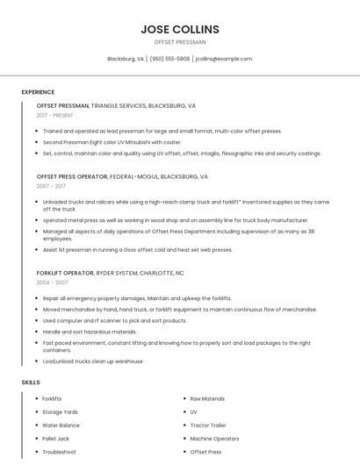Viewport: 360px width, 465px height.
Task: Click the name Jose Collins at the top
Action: (180, 29)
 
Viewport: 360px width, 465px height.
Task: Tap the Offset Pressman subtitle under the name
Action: (180, 42)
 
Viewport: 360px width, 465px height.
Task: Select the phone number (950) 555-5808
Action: (169, 59)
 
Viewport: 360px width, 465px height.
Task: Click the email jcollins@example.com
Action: (224, 59)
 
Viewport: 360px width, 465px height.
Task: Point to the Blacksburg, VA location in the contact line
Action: (126, 59)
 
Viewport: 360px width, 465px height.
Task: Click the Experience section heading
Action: (38, 92)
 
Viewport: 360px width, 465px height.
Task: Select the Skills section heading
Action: (31, 383)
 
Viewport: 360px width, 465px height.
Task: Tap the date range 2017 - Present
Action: (55, 115)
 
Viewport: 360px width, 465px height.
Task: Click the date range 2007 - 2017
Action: (51, 186)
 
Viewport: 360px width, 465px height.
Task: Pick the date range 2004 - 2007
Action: (51, 283)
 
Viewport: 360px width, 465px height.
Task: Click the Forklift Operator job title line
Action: (110, 273)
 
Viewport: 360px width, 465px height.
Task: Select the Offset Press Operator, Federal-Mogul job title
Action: (122, 176)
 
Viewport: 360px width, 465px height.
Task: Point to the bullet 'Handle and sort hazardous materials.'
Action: (90, 332)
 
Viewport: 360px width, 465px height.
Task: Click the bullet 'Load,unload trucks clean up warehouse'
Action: (92, 361)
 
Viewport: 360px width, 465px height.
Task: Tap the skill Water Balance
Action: (61, 425)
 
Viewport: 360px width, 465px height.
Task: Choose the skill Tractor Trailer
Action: (209, 425)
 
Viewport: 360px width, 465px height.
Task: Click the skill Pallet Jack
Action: (55, 438)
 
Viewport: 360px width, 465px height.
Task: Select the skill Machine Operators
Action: (214, 438)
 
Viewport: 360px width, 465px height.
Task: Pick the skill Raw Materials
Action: (207, 398)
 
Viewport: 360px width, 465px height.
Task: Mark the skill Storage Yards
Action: (60, 411)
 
